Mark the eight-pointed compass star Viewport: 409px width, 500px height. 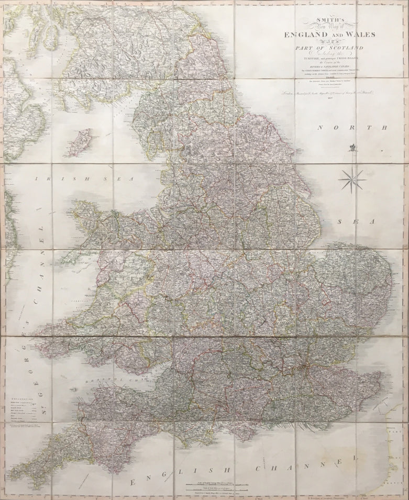click(352, 180)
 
